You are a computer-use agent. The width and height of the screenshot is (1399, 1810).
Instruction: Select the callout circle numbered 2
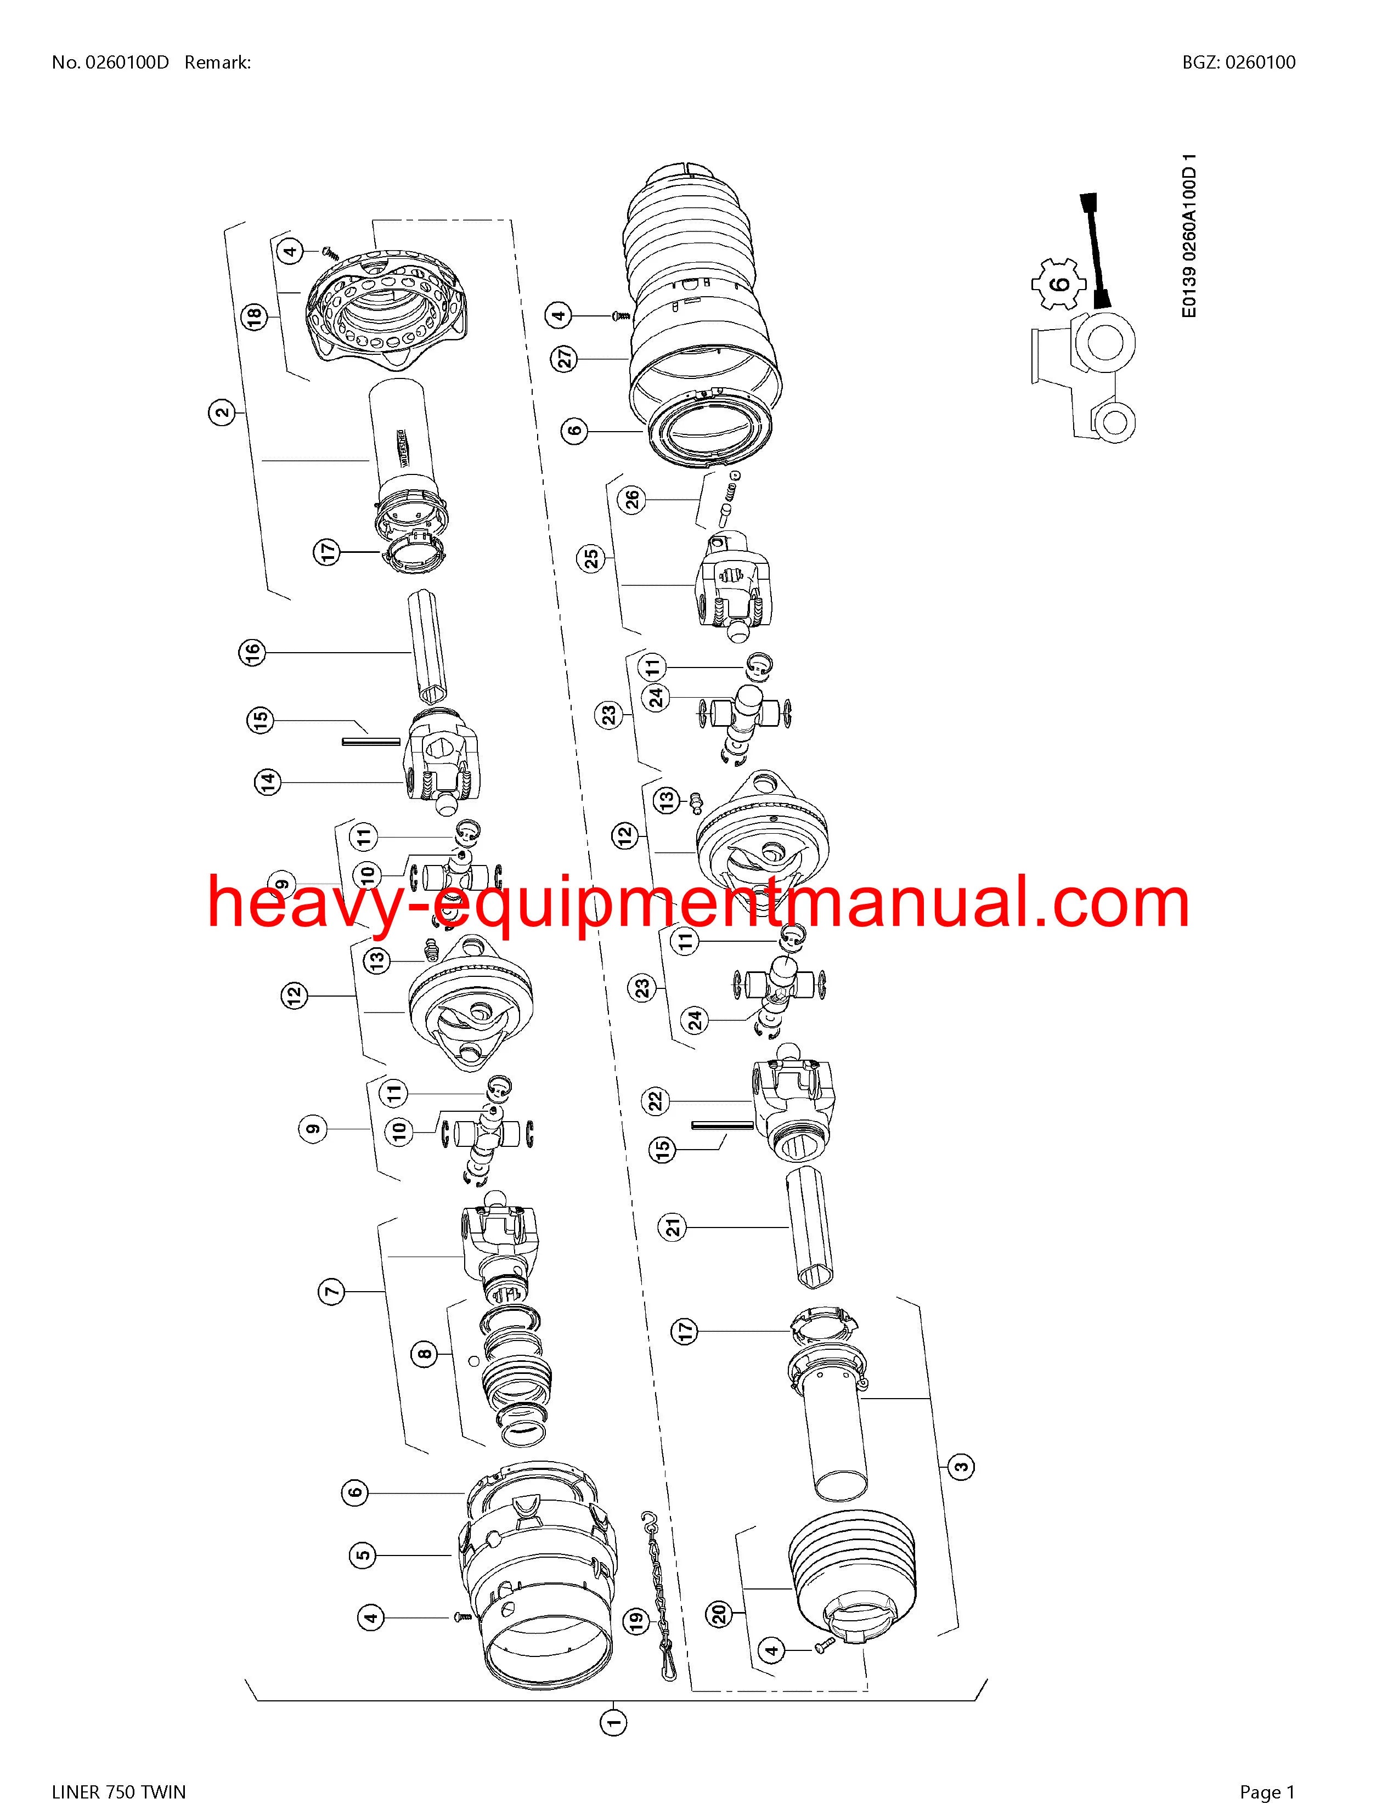[x=221, y=412]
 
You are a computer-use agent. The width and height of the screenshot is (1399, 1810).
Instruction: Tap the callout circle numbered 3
[x=961, y=1466]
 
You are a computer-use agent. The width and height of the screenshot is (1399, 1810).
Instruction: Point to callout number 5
[x=363, y=1555]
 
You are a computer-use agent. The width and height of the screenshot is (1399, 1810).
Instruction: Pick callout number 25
[x=592, y=558]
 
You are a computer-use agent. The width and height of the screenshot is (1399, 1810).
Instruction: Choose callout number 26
[x=633, y=501]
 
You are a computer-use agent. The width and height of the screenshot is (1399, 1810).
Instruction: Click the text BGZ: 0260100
[x=1238, y=62]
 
